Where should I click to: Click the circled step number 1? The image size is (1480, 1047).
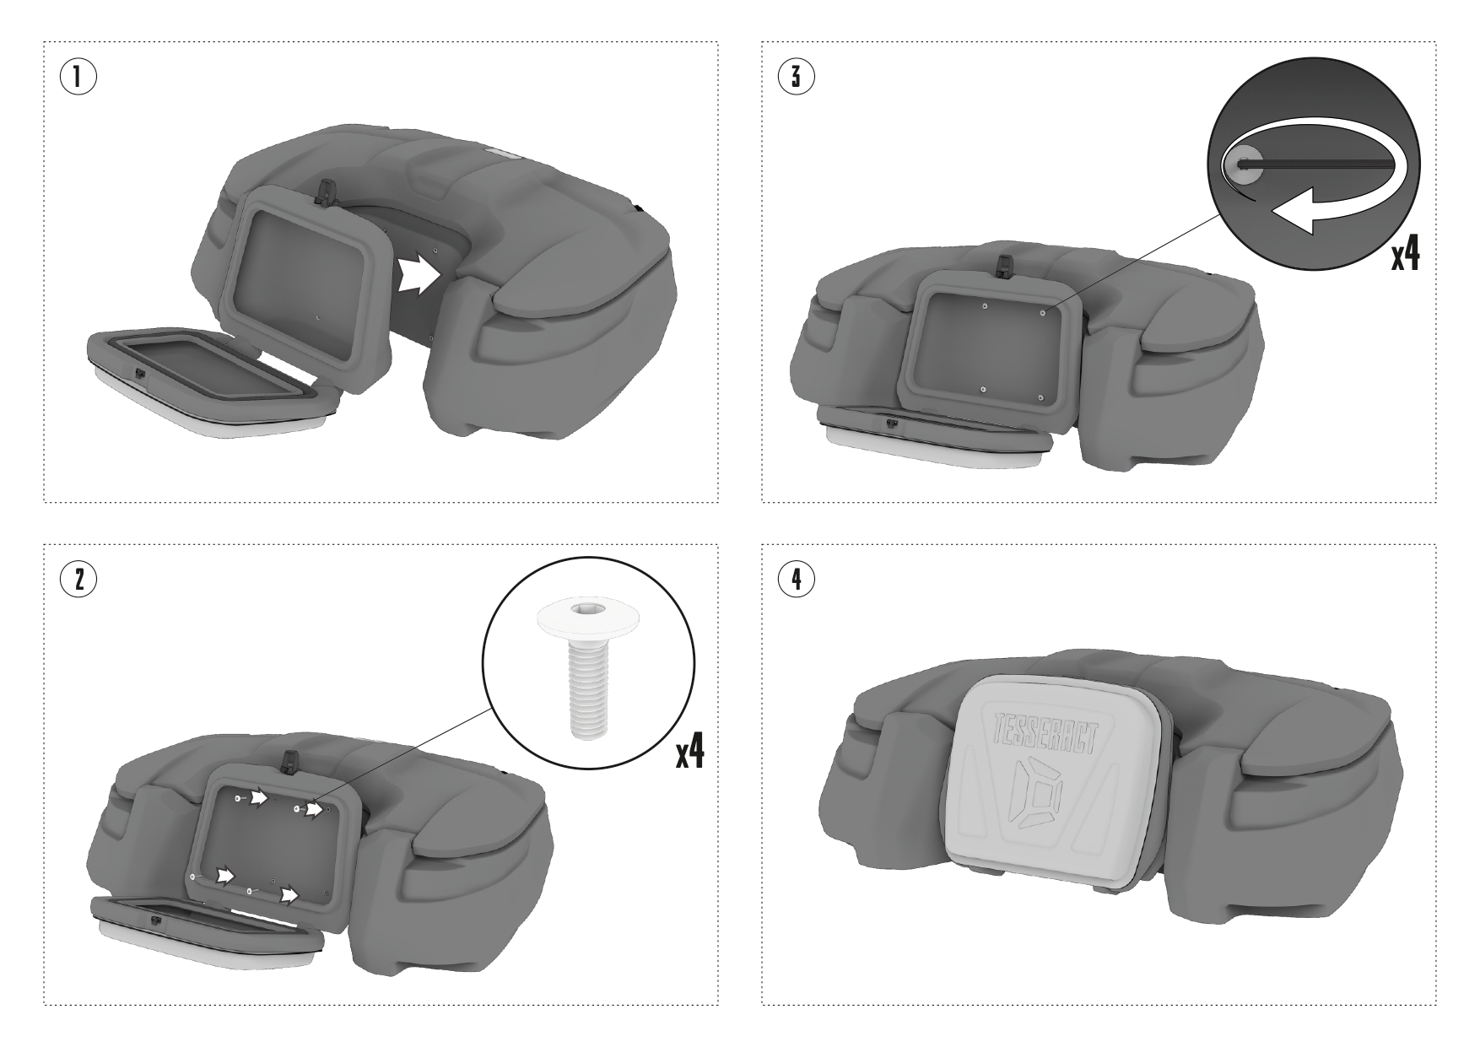tap(77, 77)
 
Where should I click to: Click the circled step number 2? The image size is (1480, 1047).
tap(77, 579)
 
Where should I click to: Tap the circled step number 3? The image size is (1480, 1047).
tap(796, 77)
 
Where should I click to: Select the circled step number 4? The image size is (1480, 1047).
tap(796, 579)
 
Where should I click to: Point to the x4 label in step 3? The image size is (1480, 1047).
tap(1406, 252)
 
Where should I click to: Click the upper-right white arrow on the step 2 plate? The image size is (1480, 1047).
tap(314, 810)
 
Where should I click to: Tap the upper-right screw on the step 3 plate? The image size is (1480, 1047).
tap(1044, 312)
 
